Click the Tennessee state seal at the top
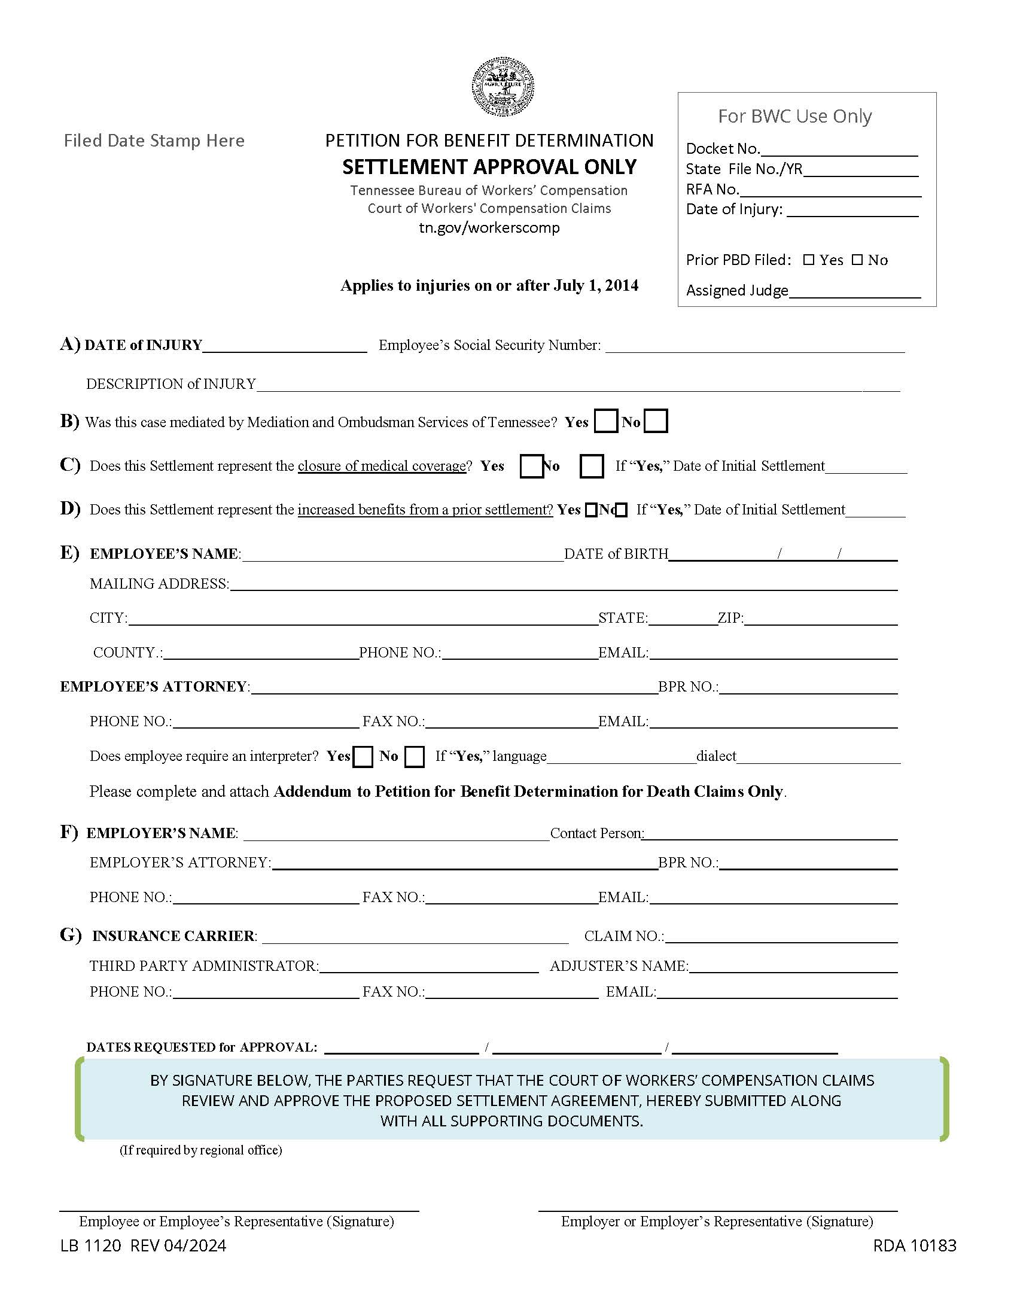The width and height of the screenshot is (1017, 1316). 503,87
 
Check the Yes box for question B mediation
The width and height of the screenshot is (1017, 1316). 605,421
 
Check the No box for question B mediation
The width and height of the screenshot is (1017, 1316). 656,421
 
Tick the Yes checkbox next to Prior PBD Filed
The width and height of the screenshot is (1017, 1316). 809,260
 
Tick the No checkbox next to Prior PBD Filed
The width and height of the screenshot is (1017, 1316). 857,260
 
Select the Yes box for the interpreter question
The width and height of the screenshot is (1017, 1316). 362,756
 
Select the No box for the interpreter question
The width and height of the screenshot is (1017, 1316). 414,756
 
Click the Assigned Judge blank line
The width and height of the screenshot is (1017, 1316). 854,292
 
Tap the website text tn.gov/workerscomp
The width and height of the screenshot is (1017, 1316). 489,228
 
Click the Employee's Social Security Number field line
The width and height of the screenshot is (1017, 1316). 754,346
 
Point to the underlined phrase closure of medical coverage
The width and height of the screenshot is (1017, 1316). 382,466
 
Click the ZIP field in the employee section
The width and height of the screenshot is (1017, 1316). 821,620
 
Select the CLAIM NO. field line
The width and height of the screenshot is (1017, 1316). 781,937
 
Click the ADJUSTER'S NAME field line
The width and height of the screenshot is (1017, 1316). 793,967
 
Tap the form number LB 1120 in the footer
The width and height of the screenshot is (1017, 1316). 91,1245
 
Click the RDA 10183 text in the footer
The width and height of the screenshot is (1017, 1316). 914,1245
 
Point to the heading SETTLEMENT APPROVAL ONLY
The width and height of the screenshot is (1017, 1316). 489,167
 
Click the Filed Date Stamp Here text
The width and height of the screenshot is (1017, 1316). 154,141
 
